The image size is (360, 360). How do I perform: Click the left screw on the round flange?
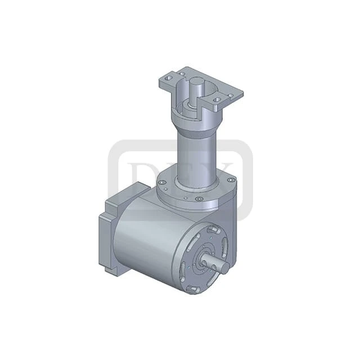162,182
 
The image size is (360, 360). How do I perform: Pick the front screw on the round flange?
199,198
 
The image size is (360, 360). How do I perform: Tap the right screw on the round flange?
231,180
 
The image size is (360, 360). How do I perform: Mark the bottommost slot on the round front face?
193,289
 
